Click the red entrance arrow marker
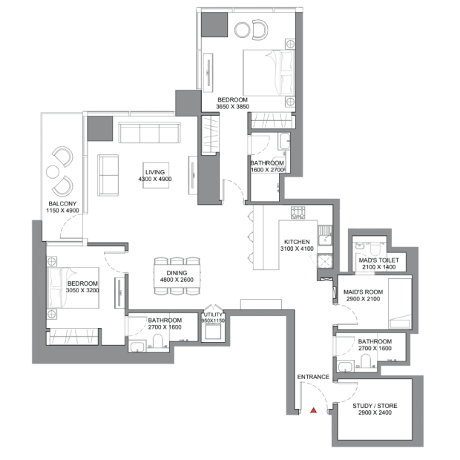(314, 410)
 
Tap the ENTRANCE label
(313, 377)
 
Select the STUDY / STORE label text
(375, 406)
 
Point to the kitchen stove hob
(298, 212)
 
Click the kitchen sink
(325, 236)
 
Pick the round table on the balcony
(53, 171)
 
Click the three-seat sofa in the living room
(149, 133)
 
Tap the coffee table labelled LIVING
(156, 175)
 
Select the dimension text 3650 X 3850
(232, 107)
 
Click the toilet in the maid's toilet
(374, 249)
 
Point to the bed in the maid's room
(399, 303)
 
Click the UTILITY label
(213, 315)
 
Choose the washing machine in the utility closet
(213, 332)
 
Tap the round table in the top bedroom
(243, 30)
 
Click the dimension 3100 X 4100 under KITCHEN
(297, 249)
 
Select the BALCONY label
(62, 203)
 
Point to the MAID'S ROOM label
(363, 292)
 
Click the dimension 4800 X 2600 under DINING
(177, 280)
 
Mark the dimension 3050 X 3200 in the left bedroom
(82, 290)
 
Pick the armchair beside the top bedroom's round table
(260, 30)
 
